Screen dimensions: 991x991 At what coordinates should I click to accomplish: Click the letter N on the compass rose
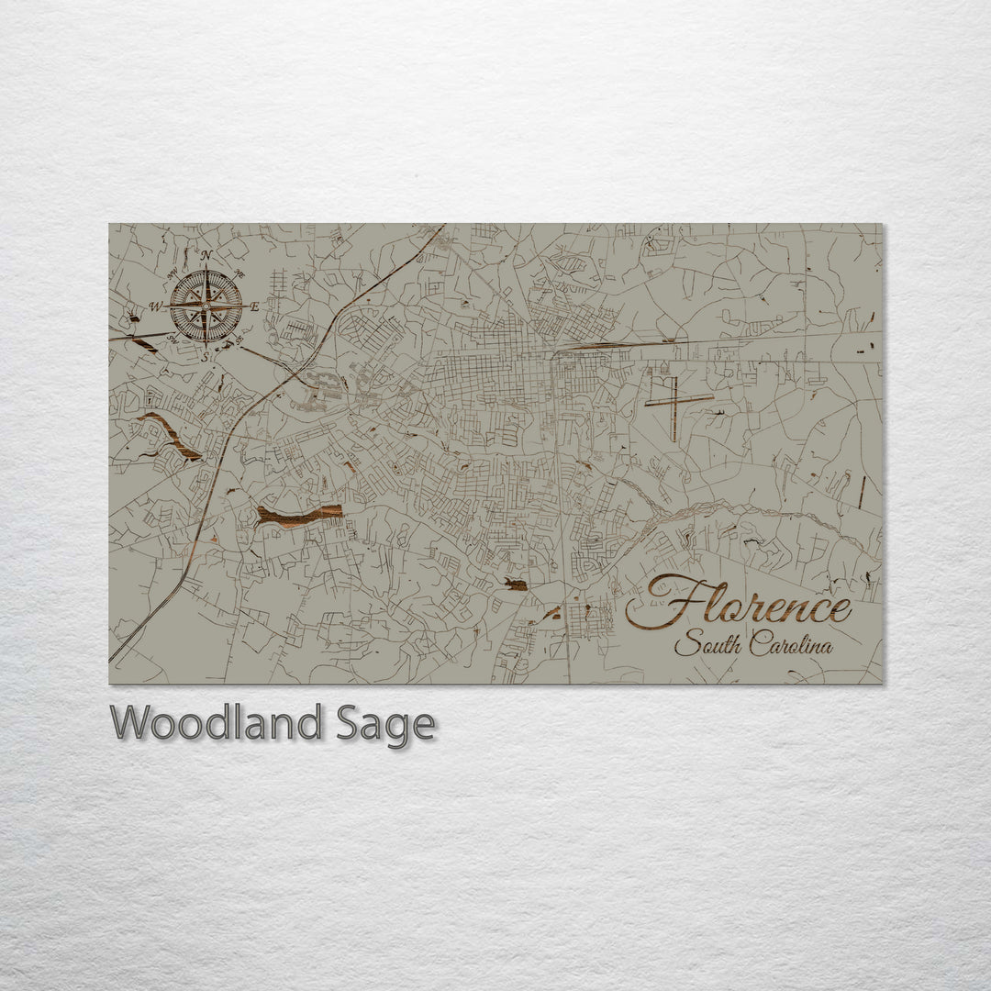coord(206,255)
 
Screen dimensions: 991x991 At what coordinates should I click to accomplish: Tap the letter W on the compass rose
coord(155,306)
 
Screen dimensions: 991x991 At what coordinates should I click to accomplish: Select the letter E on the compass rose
coord(254,306)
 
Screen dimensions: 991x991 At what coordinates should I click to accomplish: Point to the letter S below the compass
coord(206,357)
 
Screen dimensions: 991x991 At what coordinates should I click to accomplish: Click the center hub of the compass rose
coord(206,306)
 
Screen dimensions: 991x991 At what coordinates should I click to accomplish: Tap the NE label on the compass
coord(240,273)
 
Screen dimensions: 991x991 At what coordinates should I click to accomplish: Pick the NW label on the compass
coord(172,273)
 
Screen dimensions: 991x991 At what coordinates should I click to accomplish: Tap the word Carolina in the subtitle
coord(791,645)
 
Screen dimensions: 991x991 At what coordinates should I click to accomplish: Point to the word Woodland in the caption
coord(216,724)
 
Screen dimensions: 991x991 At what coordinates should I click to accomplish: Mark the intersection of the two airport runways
coord(673,401)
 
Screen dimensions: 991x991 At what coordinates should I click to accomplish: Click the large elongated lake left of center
coord(299,515)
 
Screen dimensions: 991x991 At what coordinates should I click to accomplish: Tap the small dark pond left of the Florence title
coord(516,585)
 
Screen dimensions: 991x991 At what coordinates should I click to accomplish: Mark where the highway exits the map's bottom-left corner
coord(112,659)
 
